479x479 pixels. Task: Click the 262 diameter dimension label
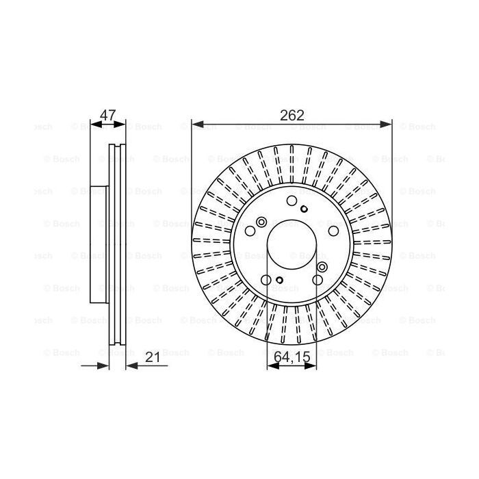(x=292, y=115)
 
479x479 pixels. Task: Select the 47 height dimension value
(x=107, y=115)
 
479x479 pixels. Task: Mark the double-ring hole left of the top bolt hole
(x=261, y=222)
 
